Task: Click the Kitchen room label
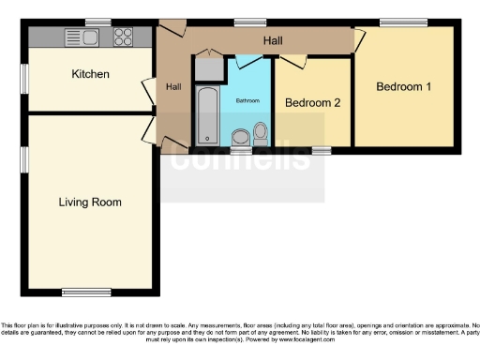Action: (91, 74)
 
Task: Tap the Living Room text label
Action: (90, 202)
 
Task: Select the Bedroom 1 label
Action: (404, 87)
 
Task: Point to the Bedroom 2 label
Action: (312, 102)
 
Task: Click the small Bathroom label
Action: (247, 99)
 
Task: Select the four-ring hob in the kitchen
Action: (123, 37)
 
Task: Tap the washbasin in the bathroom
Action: (240, 137)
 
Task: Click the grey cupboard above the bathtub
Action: (207, 69)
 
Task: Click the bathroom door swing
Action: (248, 61)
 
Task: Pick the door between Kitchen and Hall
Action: (148, 90)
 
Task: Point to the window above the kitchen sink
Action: (97, 22)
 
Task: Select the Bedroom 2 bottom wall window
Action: (321, 150)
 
